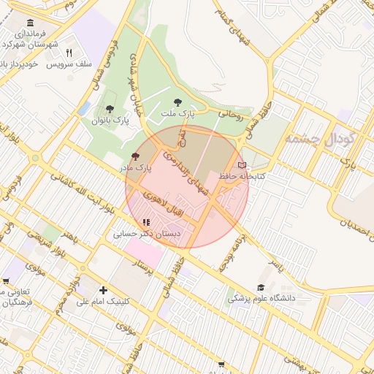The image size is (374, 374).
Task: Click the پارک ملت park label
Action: [179, 114]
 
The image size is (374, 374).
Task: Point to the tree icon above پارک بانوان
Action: [110, 109]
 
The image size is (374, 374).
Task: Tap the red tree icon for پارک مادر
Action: [134, 156]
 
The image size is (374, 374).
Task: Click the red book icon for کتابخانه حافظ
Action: [243, 165]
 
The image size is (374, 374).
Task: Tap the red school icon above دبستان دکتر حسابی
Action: [146, 223]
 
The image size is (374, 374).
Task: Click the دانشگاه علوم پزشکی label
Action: [261, 298]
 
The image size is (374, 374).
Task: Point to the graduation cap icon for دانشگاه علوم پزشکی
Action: [261, 288]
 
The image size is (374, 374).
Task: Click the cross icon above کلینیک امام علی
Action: [103, 290]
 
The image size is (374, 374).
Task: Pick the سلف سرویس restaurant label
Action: [69, 64]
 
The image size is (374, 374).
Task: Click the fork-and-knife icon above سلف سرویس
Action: [69, 53]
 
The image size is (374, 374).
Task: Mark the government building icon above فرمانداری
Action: [30, 23]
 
